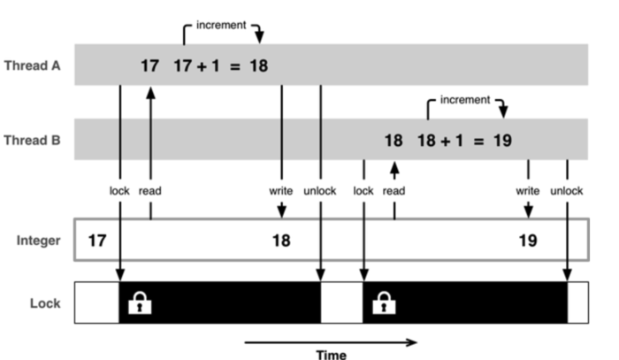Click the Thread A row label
click(32, 65)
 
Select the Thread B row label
click(32, 140)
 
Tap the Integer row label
click(38, 241)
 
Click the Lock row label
click(44, 303)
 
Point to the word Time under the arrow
click(332, 354)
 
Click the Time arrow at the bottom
click(329, 340)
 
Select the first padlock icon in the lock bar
click(140, 303)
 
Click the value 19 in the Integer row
click(528, 240)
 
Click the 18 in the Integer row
click(281, 240)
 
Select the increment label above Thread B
click(464, 100)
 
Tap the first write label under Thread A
click(281, 190)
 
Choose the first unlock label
click(319, 190)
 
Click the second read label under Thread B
click(394, 190)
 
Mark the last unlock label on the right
click(567, 190)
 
